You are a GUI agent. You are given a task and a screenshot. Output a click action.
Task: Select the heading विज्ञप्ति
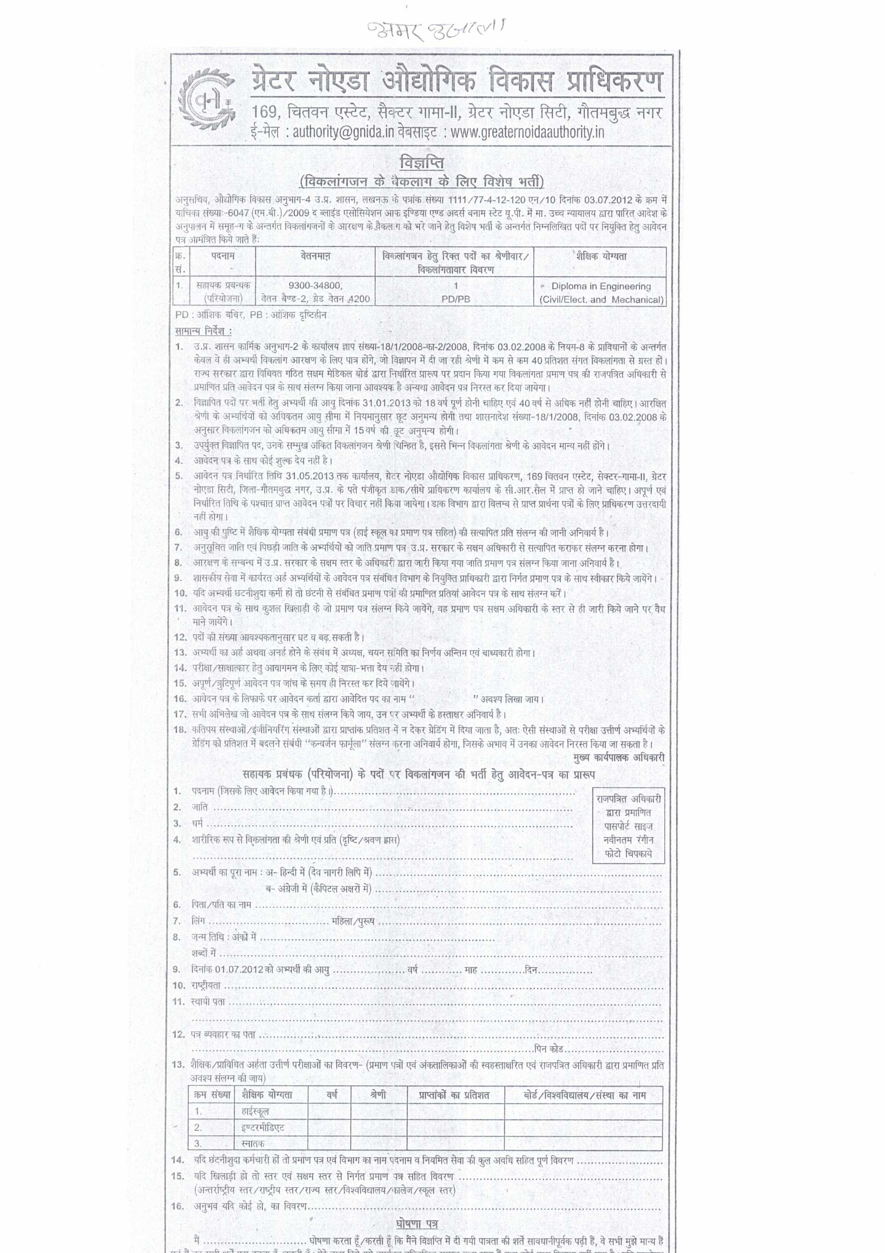pos(421,163)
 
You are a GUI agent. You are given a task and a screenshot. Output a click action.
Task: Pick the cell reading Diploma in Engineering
pos(601,286)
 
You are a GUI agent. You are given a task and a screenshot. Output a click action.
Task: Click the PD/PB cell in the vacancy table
pos(455,299)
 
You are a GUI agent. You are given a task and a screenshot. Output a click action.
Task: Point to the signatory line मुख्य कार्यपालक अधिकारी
pos(619,758)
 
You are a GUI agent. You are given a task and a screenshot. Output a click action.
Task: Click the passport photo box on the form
pos(628,826)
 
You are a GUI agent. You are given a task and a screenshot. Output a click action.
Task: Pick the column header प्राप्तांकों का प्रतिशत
pos(454,1095)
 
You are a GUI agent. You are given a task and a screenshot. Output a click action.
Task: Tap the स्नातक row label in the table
pos(252,1143)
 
